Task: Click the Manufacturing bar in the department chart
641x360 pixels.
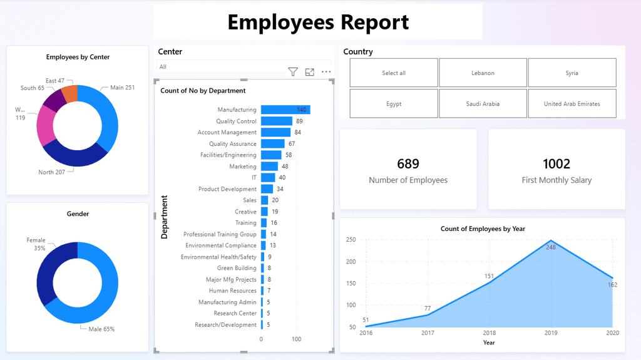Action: click(x=285, y=110)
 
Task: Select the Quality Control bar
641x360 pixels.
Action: click(x=276, y=121)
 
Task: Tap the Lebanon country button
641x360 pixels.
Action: click(x=483, y=73)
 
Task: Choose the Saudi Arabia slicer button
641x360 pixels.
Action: click(x=483, y=104)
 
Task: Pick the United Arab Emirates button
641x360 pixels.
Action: click(x=572, y=104)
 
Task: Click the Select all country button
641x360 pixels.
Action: click(x=394, y=73)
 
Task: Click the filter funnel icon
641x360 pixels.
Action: click(x=292, y=72)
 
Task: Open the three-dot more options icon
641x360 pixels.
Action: click(x=326, y=72)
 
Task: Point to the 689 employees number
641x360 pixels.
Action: click(x=408, y=164)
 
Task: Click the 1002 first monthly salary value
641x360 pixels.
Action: click(x=556, y=164)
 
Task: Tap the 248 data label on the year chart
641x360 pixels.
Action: click(x=550, y=247)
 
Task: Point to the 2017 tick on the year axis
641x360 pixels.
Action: click(x=428, y=333)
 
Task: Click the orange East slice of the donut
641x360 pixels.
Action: click(x=70, y=94)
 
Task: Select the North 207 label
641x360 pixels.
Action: click(x=51, y=172)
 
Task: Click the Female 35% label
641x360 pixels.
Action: click(x=36, y=244)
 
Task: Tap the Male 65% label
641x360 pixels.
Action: click(x=100, y=329)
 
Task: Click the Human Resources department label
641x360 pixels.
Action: click(x=232, y=291)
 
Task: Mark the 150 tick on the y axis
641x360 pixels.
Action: click(x=351, y=283)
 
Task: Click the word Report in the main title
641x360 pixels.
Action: click(x=372, y=23)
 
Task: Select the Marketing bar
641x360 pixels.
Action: click(x=269, y=167)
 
